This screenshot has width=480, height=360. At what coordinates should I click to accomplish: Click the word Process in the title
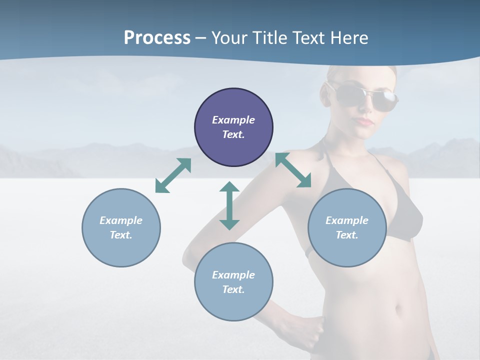(x=157, y=38)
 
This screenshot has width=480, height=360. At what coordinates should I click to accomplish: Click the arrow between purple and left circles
(x=173, y=175)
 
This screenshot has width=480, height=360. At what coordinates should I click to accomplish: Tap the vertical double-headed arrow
(x=229, y=205)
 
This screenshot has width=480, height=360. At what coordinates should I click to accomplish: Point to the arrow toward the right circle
(x=293, y=170)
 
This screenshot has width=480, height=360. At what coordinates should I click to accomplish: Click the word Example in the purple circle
(x=233, y=120)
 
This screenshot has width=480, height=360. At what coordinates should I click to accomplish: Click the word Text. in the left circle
(x=121, y=235)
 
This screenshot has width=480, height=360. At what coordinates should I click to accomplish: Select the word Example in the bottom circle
(x=233, y=275)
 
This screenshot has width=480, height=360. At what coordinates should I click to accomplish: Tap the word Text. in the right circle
(x=347, y=235)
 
